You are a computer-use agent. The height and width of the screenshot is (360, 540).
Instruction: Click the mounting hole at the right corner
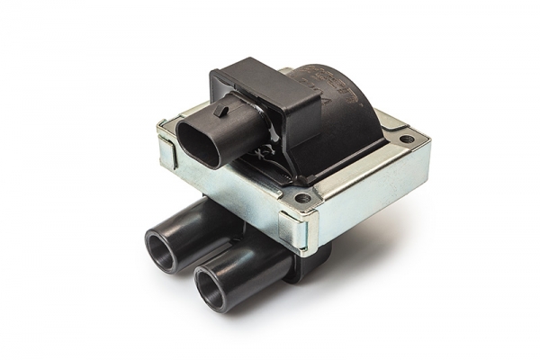407,139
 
